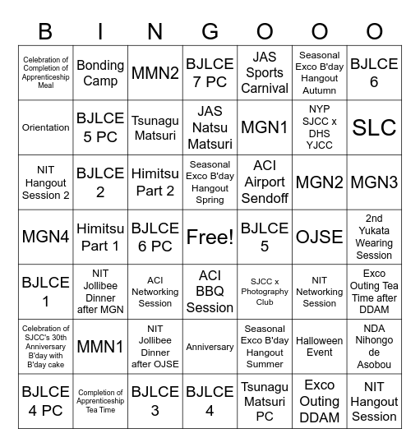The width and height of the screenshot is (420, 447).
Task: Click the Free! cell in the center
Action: (x=210, y=237)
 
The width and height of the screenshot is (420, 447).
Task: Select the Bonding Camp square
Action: (x=100, y=72)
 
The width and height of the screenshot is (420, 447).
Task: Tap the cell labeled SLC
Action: (x=374, y=127)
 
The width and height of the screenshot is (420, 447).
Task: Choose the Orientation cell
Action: (x=46, y=127)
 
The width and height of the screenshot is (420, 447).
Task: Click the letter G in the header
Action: (x=210, y=32)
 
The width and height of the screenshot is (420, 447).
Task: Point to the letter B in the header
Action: (x=46, y=32)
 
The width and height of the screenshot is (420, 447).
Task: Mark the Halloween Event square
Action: (x=319, y=347)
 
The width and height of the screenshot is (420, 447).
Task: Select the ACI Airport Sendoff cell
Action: (x=265, y=182)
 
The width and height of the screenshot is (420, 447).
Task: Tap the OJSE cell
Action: (x=319, y=237)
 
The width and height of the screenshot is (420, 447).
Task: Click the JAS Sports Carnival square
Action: (x=265, y=72)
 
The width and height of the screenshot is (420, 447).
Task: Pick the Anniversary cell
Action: (x=210, y=347)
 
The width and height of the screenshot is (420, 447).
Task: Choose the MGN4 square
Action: (x=46, y=237)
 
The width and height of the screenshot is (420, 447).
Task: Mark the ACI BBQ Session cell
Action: (x=210, y=292)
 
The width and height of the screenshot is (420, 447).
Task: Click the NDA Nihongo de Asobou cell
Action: (x=374, y=347)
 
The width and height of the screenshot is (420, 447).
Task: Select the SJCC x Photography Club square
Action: (x=265, y=292)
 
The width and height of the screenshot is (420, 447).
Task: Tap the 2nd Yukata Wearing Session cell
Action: (x=374, y=237)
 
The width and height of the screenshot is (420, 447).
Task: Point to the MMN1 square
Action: (x=100, y=347)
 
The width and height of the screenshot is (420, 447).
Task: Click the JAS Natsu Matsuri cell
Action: (x=210, y=127)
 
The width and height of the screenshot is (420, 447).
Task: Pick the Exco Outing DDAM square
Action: (x=319, y=401)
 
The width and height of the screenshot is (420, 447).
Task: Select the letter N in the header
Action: (x=155, y=32)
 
